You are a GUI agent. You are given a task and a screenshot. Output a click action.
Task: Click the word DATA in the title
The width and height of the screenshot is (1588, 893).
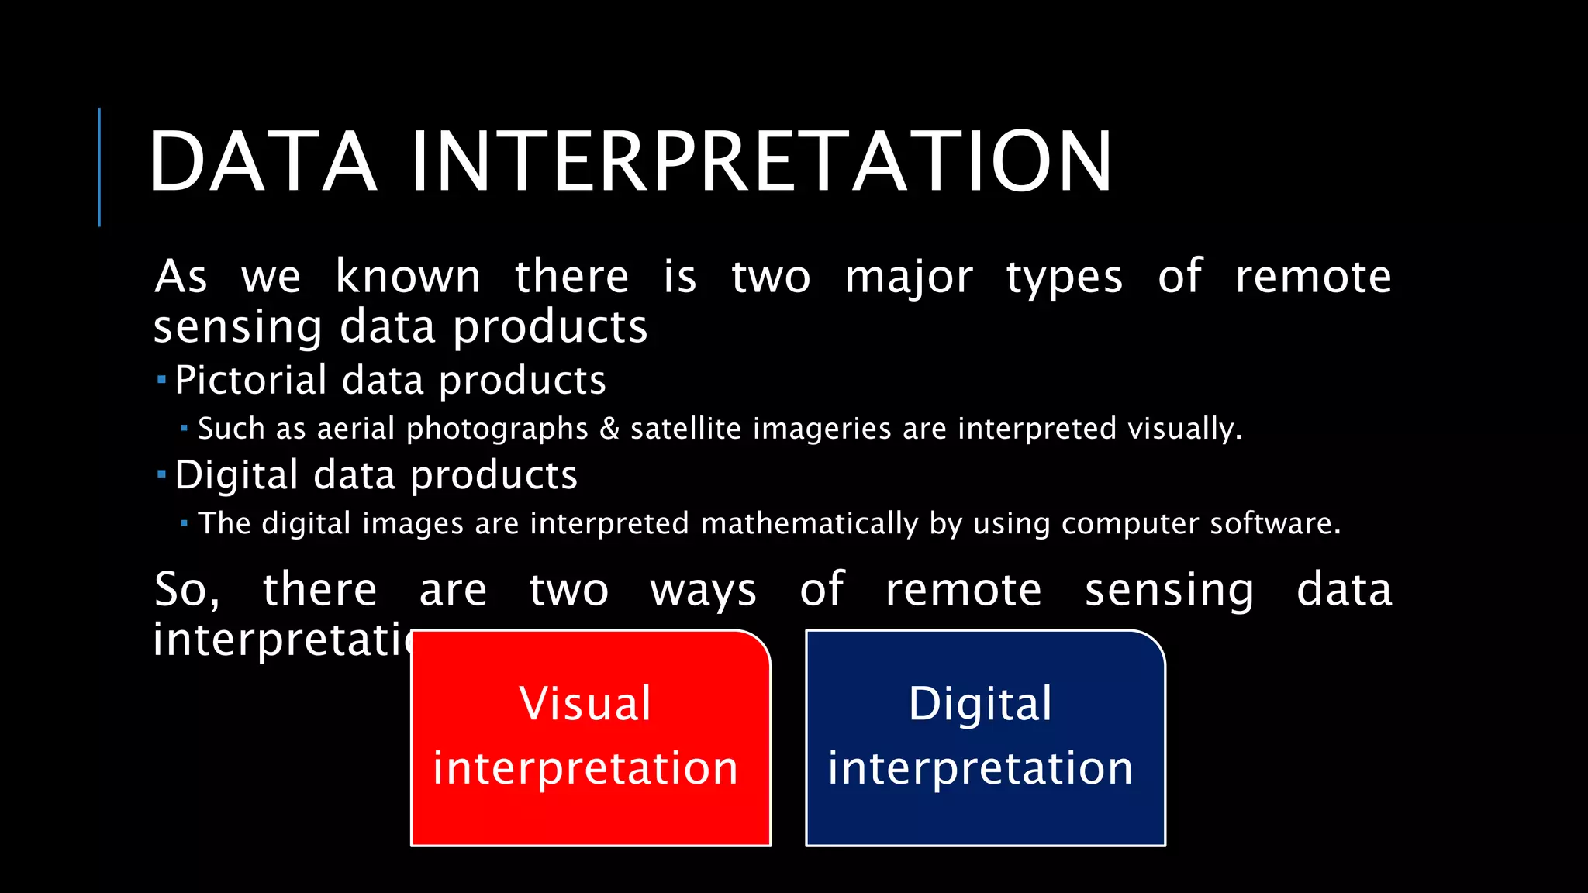[x=262, y=161]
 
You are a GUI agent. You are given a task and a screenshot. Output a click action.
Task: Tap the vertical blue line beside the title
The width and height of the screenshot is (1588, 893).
[x=99, y=167]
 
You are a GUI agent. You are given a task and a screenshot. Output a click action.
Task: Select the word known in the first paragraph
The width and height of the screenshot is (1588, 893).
[x=408, y=277]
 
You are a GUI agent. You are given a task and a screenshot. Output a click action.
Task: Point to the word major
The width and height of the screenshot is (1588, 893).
[x=908, y=278]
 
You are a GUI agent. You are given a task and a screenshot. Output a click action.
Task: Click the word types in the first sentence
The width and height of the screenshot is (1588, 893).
[x=1064, y=278]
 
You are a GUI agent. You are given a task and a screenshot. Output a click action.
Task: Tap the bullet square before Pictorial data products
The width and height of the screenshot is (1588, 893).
[x=161, y=380]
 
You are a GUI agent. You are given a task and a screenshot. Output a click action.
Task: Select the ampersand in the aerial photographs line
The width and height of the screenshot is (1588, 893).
[x=609, y=429]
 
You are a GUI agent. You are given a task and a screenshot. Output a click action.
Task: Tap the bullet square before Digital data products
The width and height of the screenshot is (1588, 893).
[x=161, y=474]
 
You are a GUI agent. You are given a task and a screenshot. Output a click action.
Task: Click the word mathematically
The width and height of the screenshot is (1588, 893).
[x=809, y=524]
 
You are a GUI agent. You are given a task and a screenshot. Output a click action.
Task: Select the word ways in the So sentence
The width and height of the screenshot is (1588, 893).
[x=703, y=591]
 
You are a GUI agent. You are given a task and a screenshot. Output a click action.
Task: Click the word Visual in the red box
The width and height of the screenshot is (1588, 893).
[x=585, y=704]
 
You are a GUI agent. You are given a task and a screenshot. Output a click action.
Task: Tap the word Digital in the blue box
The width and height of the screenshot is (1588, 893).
[x=980, y=704]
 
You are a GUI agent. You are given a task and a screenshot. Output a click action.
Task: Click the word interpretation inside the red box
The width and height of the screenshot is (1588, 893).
[x=585, y=769]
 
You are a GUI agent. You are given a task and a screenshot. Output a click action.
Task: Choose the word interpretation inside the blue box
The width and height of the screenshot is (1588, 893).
[x=980, y=769]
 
